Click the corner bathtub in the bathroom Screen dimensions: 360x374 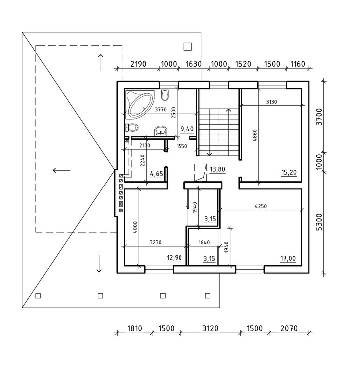140,104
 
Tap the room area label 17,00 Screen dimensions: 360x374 288,258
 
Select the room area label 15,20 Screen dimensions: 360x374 289,172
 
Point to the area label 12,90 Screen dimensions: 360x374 174,258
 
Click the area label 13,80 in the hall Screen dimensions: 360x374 217,169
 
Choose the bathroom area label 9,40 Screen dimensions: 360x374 187,129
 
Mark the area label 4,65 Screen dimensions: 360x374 156,174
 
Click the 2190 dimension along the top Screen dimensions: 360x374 138,64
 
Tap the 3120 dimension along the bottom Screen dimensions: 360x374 210,328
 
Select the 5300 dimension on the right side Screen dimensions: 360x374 319,222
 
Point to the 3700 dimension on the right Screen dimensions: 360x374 319,117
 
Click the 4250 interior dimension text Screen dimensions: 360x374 261,206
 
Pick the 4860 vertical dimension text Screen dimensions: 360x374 255,136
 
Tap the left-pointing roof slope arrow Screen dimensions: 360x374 61,170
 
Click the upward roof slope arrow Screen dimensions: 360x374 101,63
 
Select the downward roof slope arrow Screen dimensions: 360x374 99,264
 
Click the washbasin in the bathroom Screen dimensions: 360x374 161,131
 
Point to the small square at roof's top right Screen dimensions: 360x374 188,47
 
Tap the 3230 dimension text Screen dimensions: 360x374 155,242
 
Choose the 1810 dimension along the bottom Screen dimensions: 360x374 134,328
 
